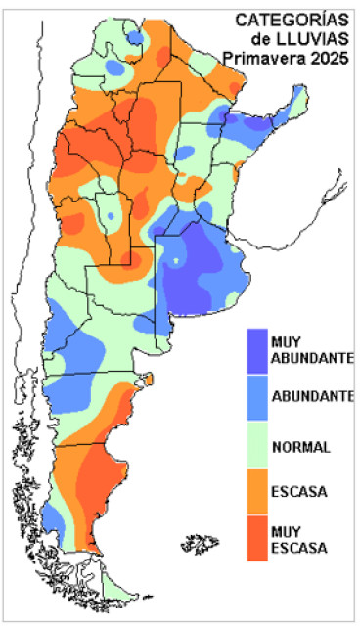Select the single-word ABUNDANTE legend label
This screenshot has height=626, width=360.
coord(312,396)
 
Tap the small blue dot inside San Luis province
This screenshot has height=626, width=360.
coord(111,214)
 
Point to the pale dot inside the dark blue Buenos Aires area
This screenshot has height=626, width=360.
coord(176,261)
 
